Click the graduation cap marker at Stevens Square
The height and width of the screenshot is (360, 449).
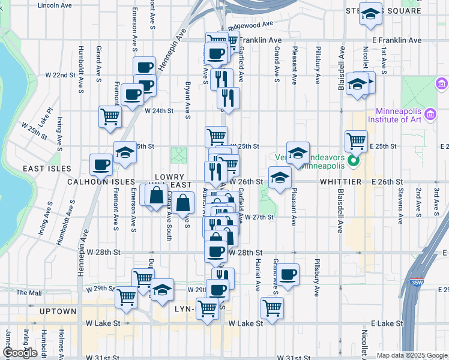tap(370, 14)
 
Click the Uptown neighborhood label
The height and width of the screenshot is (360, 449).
tap(58, 311)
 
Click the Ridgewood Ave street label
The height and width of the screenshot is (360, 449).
tap(255, 25)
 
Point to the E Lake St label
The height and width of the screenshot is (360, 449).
tap(387, 323)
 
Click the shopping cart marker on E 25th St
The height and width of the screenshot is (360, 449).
tap(356, 141)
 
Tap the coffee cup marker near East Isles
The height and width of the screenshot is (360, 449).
tap(101, 164)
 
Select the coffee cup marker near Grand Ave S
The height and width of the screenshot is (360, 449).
tap(288, 274)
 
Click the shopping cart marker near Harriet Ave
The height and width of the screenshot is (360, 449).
tap(272, 308)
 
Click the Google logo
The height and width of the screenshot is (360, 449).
tap(21, 353)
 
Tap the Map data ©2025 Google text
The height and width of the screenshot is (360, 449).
tap(412, 355)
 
